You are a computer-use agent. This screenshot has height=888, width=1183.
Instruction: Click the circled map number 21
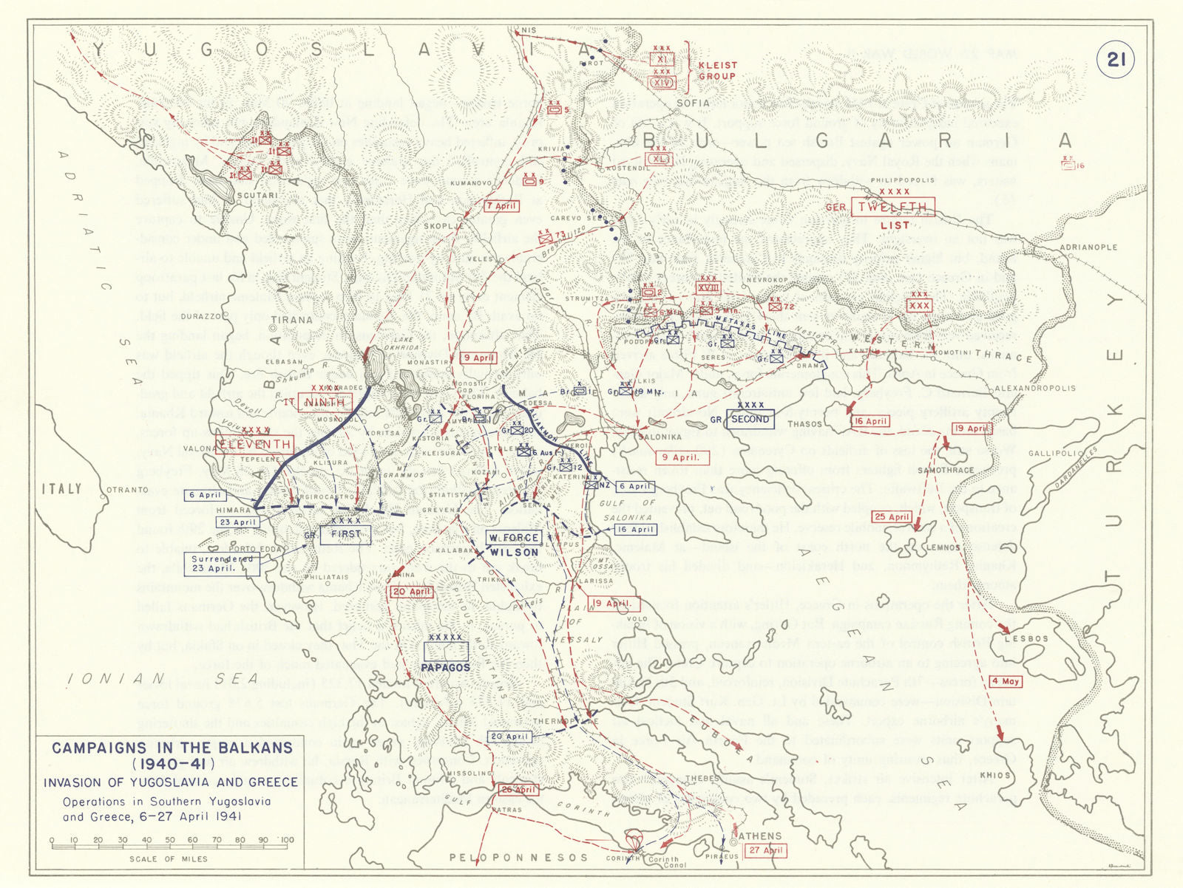point(1115,58)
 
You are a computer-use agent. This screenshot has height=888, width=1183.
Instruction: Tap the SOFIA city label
point(692,103)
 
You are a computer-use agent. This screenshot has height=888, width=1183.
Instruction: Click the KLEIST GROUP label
point(717,70)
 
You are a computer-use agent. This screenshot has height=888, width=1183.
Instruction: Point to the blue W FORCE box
point(513,537)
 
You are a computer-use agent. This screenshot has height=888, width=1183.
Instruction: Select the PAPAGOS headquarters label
point(446,667)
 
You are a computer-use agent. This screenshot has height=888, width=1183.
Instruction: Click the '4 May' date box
point(1006,681)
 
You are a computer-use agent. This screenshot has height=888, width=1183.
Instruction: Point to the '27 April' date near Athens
point(765,850)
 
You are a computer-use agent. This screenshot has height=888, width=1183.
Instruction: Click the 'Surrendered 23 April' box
point(222,564)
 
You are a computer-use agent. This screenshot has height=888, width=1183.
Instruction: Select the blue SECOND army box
point(750,419)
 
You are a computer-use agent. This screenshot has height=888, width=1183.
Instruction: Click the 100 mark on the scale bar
point(287,840)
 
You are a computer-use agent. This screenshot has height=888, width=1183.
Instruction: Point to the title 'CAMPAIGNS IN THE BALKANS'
point(172,748)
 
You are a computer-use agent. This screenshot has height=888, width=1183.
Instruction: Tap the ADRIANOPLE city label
point(1088,247)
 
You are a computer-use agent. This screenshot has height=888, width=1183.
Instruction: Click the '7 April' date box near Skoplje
point(501,206)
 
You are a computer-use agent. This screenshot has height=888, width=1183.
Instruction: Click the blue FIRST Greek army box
point(345,534)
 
